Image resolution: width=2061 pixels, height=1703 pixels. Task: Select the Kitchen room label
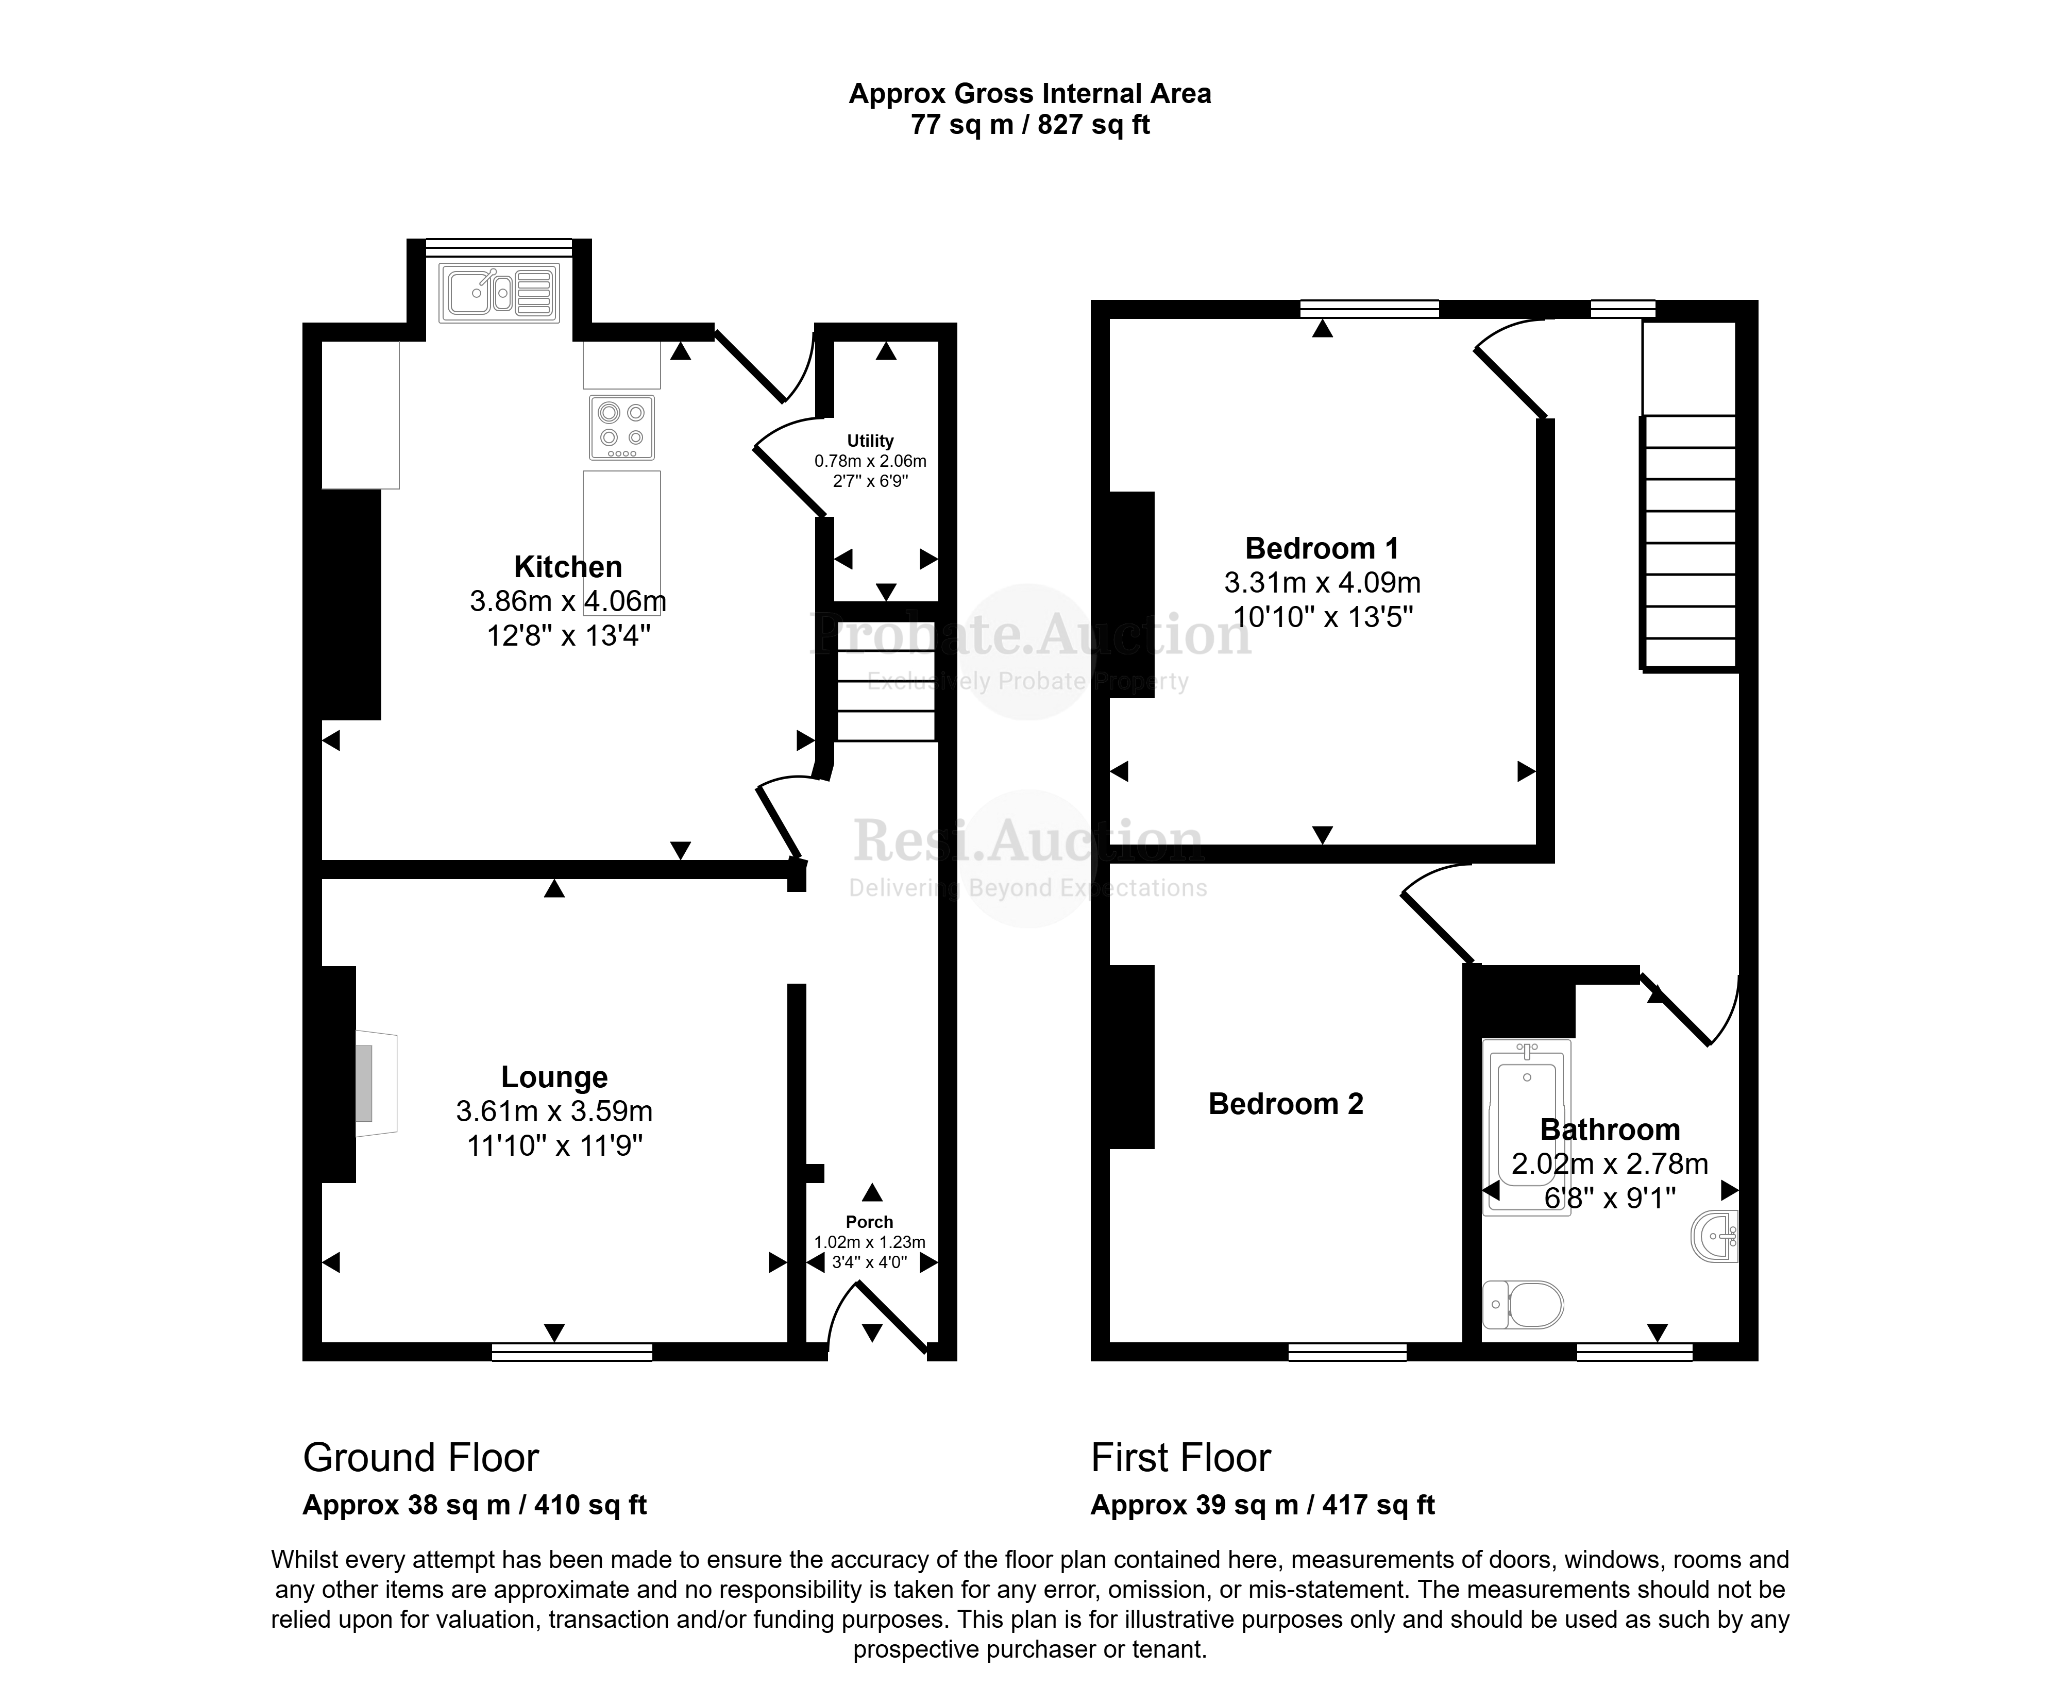pyautogui.click(x=568, y=567)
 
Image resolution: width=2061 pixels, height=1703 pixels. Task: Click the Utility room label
pyautogui.click(x=870, y=441)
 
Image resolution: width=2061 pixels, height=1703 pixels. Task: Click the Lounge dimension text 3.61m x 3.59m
pyautogui.click(x=554, y=1111)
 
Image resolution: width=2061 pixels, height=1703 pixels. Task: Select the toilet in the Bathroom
pyautogui.click(x=1523, y=1305)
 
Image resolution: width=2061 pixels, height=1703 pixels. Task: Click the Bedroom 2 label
pyautogui.click(x=1286, y=1104)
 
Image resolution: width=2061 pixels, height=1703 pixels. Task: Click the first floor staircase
pyautogui.click(x=1689, y=543)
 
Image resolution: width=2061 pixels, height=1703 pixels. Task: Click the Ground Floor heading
pyautogui.click(x=421, y=1458)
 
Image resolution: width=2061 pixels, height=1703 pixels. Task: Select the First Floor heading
pyautogui.click(x=1181, y=1458)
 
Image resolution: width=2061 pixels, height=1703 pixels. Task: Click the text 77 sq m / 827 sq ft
pyautogui.click(x=1030, y=125)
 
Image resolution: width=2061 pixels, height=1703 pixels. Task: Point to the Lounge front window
pyautogui.click(x=572, y=1352)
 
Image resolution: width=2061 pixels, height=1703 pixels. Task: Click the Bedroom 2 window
pyautogui.click(x=1347, y=1352)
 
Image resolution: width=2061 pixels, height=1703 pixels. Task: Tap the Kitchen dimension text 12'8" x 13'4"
pyautogui.click(x=569, y=636)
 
